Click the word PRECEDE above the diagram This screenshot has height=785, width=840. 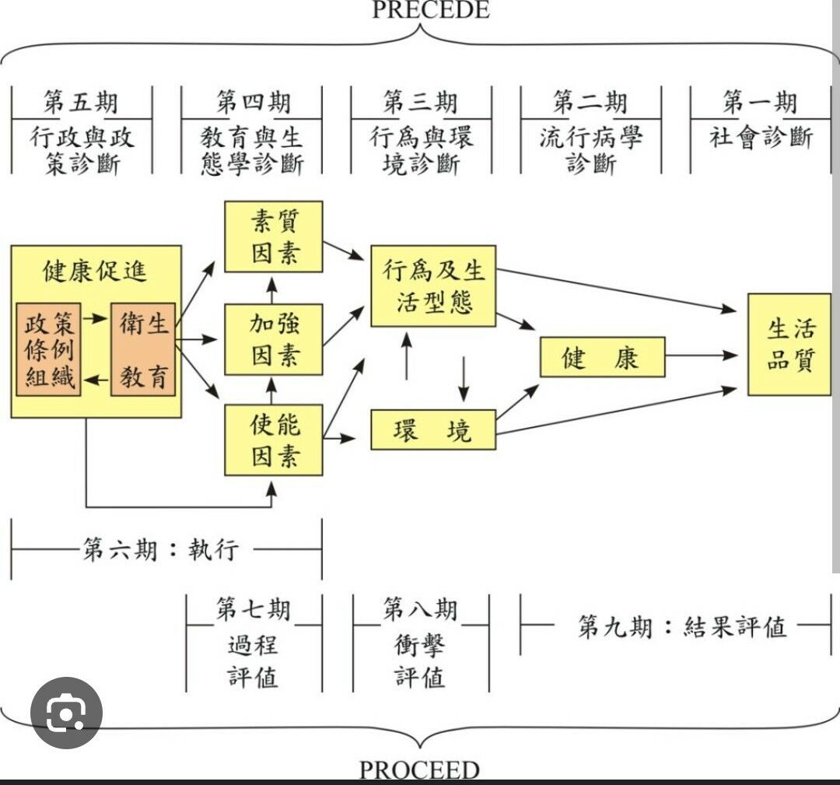420,10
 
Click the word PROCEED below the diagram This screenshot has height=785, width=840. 419,771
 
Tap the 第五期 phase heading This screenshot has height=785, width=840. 81,102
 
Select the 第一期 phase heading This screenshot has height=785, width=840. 760,102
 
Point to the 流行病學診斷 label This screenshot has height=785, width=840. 591,151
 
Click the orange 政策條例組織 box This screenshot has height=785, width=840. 49,350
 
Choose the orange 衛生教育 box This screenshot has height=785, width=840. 143,350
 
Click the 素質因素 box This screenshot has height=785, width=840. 274,237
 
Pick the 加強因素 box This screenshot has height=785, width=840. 274,339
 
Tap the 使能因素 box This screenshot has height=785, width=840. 274,440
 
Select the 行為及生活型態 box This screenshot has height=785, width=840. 433,286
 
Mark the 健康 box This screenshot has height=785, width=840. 602,357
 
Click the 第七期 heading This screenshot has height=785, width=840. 253,609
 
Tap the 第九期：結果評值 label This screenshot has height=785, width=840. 681,626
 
